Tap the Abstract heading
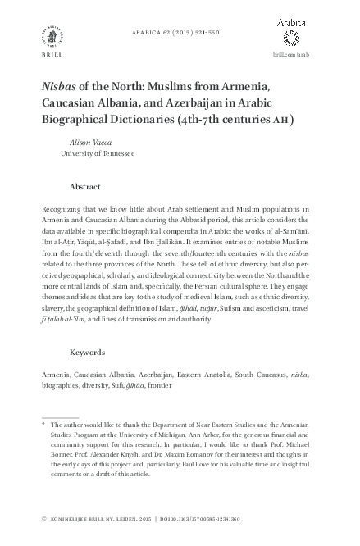(86, 186)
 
